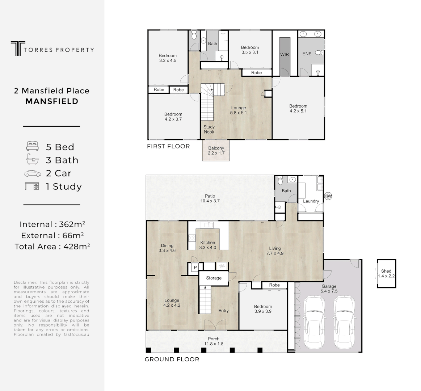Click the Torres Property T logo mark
[x=16, y=48]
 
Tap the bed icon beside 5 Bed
[x=32, y=147]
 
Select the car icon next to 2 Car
[x=33, y=173]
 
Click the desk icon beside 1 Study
[x=32, y=186]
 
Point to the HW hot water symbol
[x=328, y=196]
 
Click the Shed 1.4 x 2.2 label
[x=386, y=273]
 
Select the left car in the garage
[x=314, y=322]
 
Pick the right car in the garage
[x=344, y=322]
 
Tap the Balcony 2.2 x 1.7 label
[x=216, y=151]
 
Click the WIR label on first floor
[x=285, y=54]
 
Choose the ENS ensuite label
[x=307, y=54]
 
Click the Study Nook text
[x=209, y=129]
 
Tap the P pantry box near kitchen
[x=195, y=268]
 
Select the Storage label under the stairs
[x=214, y=278]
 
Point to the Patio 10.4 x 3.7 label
[x=210, y=198]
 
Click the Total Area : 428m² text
[x=52, y=247]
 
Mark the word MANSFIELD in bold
[x=52, y=101]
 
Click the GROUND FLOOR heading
[x=172, y=360]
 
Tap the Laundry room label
[x=311, y=201]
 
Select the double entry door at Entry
[x=215, y=325]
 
